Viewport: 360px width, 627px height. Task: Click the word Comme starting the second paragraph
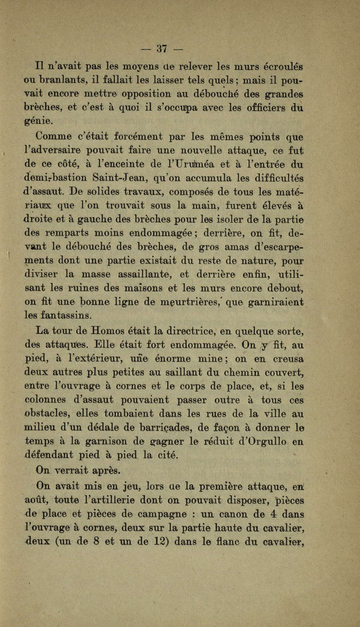tap(54, 137)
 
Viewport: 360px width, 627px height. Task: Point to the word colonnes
tap(49, 399)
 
